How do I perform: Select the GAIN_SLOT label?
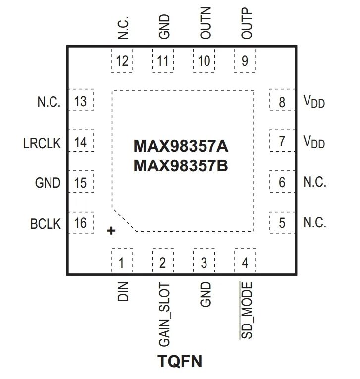[x=164, y=315]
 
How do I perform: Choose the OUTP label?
[x=247, y=24]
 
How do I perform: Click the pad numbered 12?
[x=122, y=61]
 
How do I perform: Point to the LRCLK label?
[x=42, y=144]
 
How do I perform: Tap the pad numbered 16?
[x=80, y=223]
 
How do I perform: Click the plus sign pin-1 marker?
[x=111, y=231]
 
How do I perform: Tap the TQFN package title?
[x=180, y=362]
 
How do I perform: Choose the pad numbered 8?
[x=282, y=102]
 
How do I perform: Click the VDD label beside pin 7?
[x=313, y=143]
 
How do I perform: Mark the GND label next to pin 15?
[x=48, y=183]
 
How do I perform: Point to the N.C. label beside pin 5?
[x=314, y=223]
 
